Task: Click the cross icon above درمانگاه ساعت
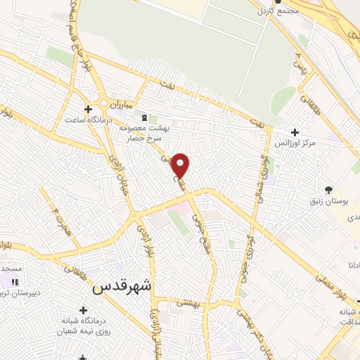pos(88,109)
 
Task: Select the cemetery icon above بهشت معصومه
pos(144,117)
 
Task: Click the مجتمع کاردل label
pos(279,11)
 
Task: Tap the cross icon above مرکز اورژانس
pos(295,132)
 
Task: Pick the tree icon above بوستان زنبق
pos(328,189)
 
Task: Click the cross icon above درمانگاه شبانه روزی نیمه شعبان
pos(84,310)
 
